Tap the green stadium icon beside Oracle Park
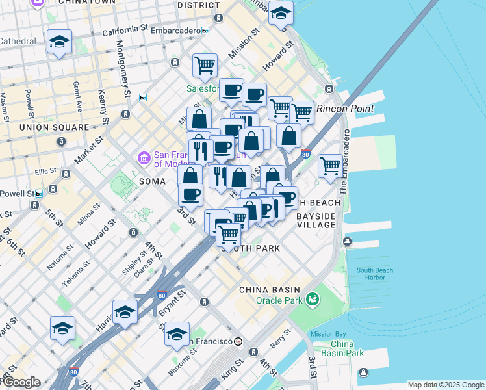tap(313, 299)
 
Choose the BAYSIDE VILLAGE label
tap(316, 220)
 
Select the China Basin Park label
tap(347, 348)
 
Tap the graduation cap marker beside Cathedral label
tap(59, 43)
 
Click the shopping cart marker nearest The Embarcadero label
tap(330, 166)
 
